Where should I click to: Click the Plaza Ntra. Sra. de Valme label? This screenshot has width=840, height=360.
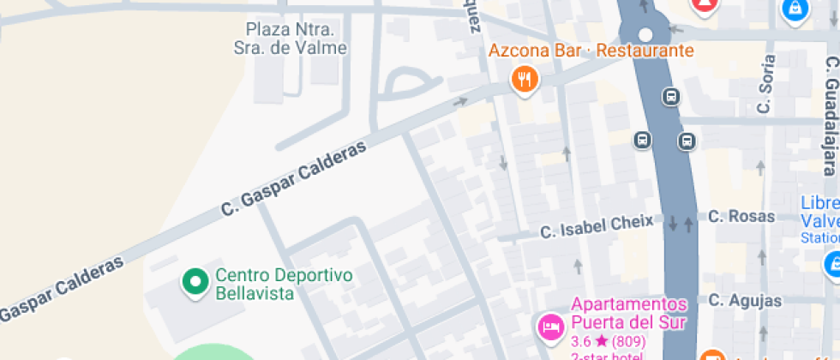point(291,39)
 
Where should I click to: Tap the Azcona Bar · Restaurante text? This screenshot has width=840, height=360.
point(591,51)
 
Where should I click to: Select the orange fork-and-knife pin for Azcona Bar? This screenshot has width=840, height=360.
point(524,81)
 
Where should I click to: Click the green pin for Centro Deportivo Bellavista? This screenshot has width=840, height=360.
point(196,281)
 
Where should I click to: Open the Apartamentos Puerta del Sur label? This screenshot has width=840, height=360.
point(629,314)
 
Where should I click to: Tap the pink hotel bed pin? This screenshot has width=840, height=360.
point(549,327)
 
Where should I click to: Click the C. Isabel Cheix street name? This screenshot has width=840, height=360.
point(596,227)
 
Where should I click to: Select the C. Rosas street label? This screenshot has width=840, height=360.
point(741,217)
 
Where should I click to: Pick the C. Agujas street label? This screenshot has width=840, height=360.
point(745,301)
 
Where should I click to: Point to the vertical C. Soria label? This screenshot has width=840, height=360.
point(765,84)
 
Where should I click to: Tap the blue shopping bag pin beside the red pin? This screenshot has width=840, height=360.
point(795,9)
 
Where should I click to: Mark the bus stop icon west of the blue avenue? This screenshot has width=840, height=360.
point(642,139)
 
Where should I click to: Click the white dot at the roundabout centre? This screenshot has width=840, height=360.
point(646,35)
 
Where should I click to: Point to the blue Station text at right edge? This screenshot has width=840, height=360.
point(819,237)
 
